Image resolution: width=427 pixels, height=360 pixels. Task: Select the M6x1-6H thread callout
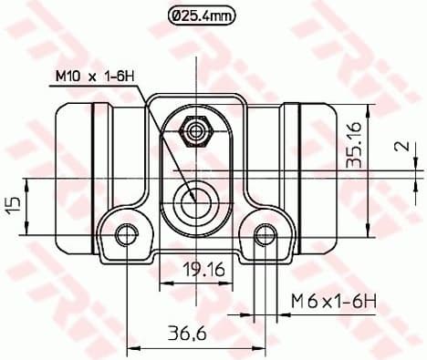330,300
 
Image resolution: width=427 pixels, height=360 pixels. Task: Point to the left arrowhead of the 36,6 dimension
130,346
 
